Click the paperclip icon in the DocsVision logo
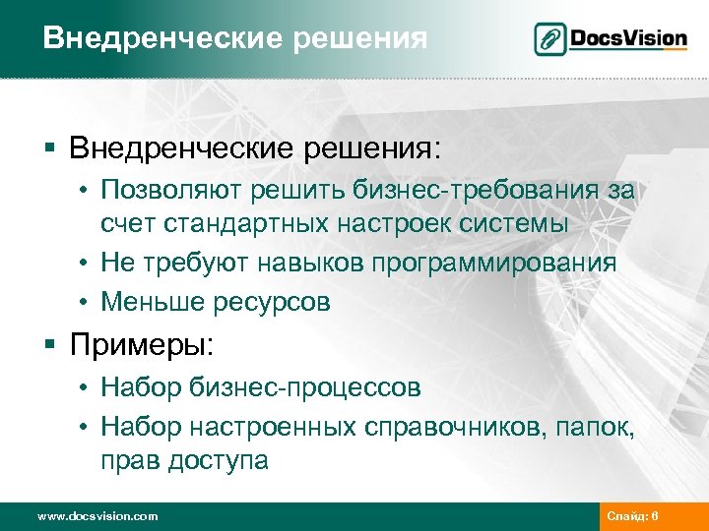[x=551, y=40]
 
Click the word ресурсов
[x=270, y=303]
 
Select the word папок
[x=603, y=427]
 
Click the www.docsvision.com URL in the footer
[x=97, y=516]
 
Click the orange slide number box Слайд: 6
[x=639, y=516]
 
